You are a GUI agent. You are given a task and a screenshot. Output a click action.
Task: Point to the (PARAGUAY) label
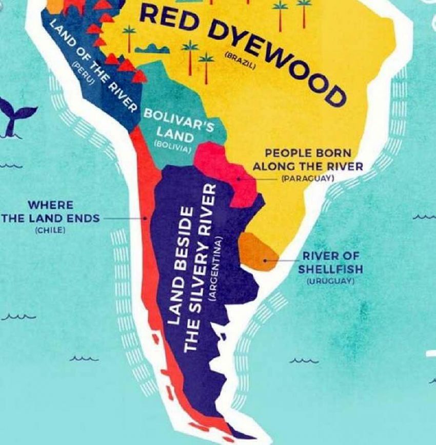click(x=308, y=178)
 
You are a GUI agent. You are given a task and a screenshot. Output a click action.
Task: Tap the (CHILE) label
click(x=50, y=230)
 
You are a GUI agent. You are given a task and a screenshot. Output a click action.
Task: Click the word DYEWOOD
click(x=277, y=56)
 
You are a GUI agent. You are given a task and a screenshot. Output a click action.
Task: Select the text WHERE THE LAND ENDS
click(x=50, y=211)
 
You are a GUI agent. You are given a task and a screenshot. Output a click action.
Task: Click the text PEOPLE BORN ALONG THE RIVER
click(x=308, y=160)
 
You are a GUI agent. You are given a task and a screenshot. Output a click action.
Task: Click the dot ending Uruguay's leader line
click(x=265, y=260)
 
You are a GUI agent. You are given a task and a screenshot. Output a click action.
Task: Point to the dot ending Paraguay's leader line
click(x=238, y=179)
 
